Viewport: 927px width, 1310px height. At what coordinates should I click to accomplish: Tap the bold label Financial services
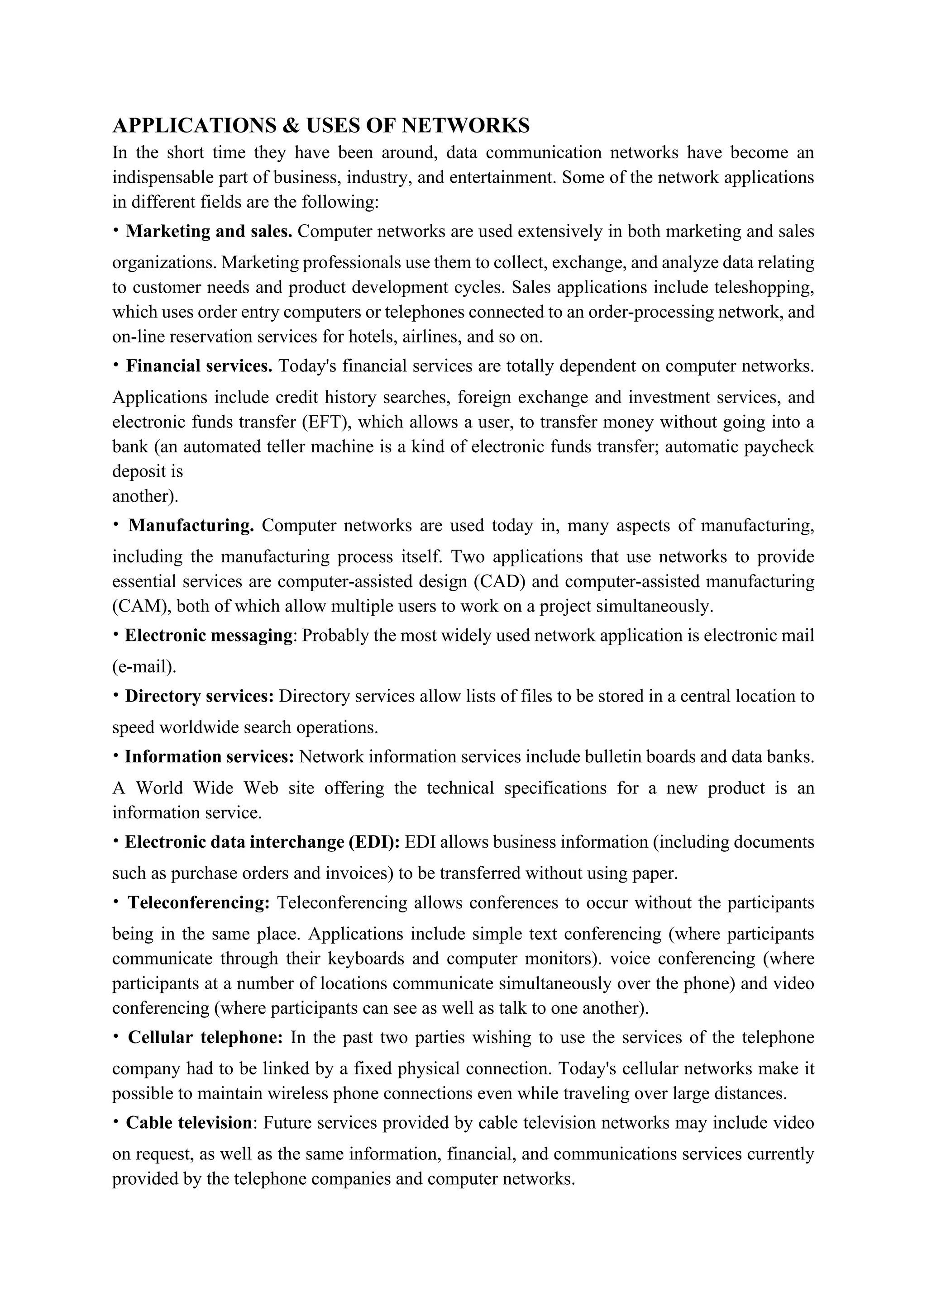pos(199,366)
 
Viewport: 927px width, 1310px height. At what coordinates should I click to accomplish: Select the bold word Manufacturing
pos(191,526)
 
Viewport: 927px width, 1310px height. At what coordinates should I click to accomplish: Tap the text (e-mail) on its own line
pos(144,667)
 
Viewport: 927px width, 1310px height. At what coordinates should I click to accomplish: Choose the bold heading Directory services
pos(200,696)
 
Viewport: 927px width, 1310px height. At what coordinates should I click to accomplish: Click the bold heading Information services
pos(210,757)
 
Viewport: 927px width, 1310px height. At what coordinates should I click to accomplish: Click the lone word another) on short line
pos(145,496)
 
